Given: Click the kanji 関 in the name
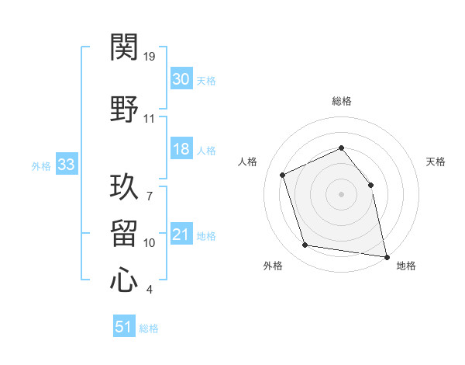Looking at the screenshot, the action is (x=124, y=47).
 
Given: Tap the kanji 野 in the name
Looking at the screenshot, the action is (x=124, y=109).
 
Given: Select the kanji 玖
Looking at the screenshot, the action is (x=124, y=186).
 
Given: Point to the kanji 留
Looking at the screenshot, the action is (x=124, y=233).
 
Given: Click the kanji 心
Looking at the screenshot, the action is (x=124, y=280).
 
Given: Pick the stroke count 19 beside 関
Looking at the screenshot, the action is (x=149, y=57).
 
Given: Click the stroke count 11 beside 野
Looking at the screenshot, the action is (x=149, y=119).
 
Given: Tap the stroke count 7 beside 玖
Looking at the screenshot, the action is (x=150, y=196).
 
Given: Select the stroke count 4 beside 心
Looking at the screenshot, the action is (x=150, y=290).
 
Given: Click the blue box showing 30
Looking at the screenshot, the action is (x=181, y=78).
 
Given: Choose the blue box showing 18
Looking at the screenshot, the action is (x=181, y=148).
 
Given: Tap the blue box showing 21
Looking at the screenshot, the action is (x=181, y=233).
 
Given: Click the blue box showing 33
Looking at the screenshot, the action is (x=67, y=164).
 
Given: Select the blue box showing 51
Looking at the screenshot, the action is (x=124, y=325).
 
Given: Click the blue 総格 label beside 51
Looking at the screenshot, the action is (x=149, y=328).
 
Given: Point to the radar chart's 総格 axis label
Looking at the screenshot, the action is (x=342, y=101).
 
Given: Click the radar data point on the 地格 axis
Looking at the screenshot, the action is (x=387, y=257).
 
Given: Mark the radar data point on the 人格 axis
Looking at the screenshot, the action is (x=283, y=175).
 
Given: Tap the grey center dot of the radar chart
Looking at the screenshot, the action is (x=341, y=194).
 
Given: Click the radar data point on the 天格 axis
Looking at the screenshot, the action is (x=370, y=185).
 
